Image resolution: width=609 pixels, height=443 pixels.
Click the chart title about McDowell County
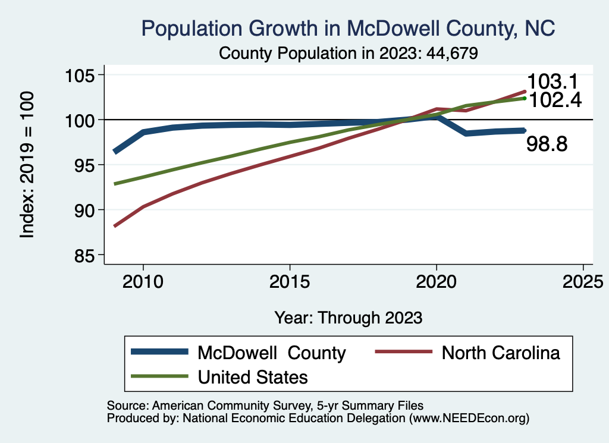click(348, 29)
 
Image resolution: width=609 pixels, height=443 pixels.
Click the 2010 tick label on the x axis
click(143, 281)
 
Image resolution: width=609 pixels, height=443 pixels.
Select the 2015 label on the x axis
click(290, 281)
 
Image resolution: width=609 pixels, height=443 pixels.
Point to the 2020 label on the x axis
click(437, 281)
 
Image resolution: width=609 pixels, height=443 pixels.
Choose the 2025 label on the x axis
click(583, 281)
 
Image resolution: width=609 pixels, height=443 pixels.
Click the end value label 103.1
click(553, 82)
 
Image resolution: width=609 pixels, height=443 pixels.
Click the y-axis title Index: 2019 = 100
click(27, 165)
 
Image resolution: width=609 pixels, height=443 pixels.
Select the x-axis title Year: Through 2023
click(349, 318)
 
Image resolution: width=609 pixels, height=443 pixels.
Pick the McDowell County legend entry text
click(271, 353)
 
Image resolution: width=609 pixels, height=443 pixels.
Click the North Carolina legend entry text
click(501, 353)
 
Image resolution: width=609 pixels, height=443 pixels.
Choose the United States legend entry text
click(253, 376)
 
